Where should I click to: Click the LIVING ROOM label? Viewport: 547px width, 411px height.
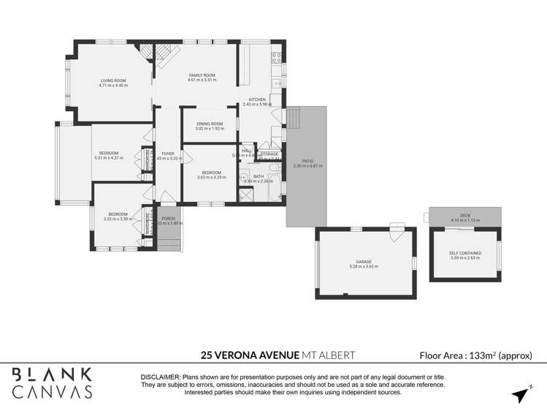click(113, 80)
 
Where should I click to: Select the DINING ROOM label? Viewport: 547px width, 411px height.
click(210, 124)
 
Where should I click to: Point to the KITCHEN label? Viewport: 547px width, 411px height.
click(256, 99)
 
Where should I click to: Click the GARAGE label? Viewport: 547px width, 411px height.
click(364, 261)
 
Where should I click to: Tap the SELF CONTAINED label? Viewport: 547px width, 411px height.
click(464, 253)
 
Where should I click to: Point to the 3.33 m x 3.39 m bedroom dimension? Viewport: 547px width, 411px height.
click(117, 219)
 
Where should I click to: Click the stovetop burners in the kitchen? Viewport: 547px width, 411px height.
click(277, 56)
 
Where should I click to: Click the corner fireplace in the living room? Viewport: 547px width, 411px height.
click(148, 51)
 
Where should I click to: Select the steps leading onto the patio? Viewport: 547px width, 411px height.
click(293, 118)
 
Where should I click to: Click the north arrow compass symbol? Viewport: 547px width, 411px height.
click(519, 394)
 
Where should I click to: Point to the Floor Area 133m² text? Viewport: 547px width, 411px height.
click(475, 355)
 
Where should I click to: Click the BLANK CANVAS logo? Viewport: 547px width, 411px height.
click(53, 382)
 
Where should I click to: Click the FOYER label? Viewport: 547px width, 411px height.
click(168, 154)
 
